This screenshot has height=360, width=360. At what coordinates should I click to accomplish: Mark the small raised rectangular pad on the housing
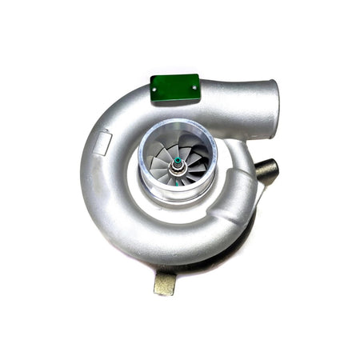102,142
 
